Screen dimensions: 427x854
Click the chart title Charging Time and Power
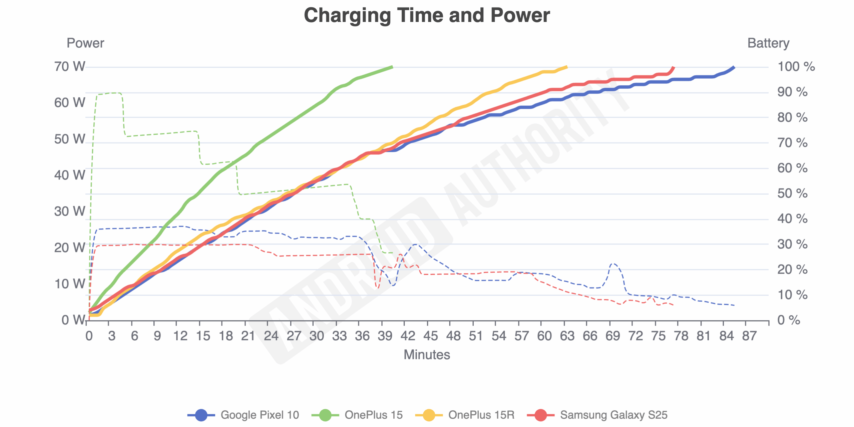click(x=427, y=15)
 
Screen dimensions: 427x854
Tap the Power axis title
click(x=85, y=43)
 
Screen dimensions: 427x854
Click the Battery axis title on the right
click(x=768, y=43)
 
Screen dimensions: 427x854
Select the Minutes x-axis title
click(x=427, y=355)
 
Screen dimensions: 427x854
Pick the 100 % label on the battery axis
click(x=796, y=66)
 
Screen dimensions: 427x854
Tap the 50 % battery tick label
click(x=792, y=193)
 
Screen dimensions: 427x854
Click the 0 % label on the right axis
click(x=788, y=320)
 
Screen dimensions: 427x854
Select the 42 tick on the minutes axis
click(x=408, y=336)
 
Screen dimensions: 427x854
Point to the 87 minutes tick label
click(x=749, y=336)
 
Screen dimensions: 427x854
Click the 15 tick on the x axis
click(x=203, y=336)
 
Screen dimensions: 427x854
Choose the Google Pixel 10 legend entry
click(x=244, y=415)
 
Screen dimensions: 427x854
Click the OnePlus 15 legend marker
click(x=325, y=415)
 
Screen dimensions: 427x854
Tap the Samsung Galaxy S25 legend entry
click(x=597, y=415)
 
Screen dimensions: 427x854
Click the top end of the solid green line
click(x=392, y=67)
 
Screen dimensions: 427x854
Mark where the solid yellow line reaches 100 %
click(x=566, y=67)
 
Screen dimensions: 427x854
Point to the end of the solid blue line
click(x=734, y=67)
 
